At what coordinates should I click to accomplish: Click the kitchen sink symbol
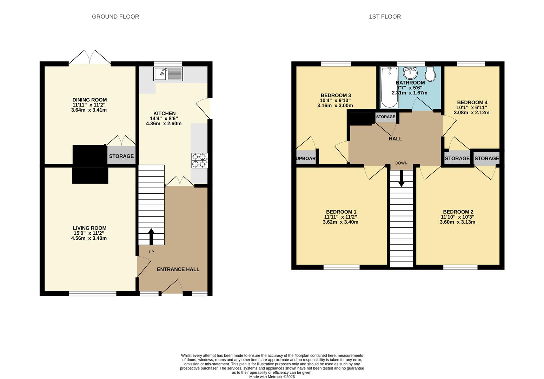[x=168, y=74]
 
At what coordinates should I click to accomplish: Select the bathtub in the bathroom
[x=389, y=87]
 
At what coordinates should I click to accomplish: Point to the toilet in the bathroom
[x=430, y=74]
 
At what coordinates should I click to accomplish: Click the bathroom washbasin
[x=410, y=73]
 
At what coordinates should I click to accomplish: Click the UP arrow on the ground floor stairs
[x=151, y=237]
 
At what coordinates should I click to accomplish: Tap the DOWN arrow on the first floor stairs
[x=401, y=179]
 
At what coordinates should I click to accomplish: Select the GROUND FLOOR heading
[x=115, y=16]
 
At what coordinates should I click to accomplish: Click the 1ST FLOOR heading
[x=385, y=16]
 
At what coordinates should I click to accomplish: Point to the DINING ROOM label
[x=89, y=100]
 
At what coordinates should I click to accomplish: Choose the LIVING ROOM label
[x=89, y=228]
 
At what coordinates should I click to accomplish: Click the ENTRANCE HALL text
[x=178, y=270]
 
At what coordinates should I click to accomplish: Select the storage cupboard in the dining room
[x=121, y=156]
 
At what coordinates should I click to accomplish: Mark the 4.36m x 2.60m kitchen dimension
[x=164, y=124]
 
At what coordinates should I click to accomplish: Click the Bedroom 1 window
[x=341, y=267]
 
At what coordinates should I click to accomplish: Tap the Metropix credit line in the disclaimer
[x=272, y=377]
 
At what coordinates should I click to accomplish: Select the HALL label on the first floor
[x=395, y=139]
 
